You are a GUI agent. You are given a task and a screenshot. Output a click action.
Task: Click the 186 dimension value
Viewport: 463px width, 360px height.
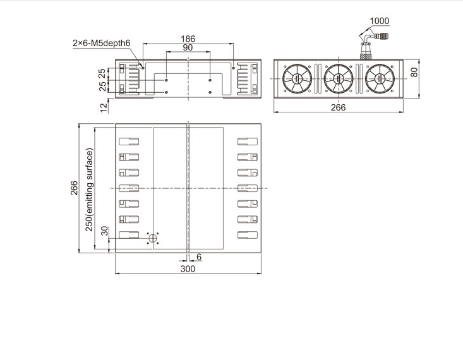pos(188,39)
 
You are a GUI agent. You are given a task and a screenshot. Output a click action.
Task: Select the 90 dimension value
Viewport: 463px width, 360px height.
pos(188,47)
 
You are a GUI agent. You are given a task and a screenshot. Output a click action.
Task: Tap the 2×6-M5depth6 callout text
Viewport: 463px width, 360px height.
pos(101,43)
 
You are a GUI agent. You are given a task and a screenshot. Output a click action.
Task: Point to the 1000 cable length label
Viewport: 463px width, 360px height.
pos(380,21)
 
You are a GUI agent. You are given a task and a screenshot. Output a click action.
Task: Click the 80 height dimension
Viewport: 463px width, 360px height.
pos(414,73)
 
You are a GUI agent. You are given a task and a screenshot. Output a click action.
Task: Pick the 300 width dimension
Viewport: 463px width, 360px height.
pos(188,269)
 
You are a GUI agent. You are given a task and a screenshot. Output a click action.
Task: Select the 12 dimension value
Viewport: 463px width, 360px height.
pos(104,108)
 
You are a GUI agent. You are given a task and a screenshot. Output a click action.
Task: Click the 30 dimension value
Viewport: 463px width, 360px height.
pos(105,231)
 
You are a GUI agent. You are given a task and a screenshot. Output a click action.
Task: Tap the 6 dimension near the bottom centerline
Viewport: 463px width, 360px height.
pos(199,257)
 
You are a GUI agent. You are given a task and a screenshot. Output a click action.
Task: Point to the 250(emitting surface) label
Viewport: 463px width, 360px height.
pos(89,189)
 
